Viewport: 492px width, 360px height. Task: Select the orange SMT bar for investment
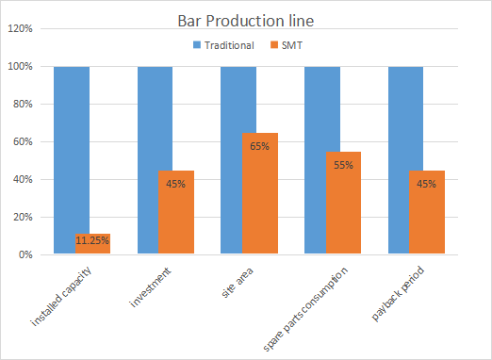176,212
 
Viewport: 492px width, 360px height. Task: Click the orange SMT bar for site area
259,193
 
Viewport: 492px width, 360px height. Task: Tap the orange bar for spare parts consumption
343,203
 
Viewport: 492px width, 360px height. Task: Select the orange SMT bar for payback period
426,212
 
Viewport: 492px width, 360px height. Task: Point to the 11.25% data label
92,241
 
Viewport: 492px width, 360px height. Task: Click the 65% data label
259,147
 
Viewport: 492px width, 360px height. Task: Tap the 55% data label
343,166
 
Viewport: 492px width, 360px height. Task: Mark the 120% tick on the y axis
21,29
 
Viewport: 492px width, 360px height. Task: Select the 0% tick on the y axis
25,255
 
